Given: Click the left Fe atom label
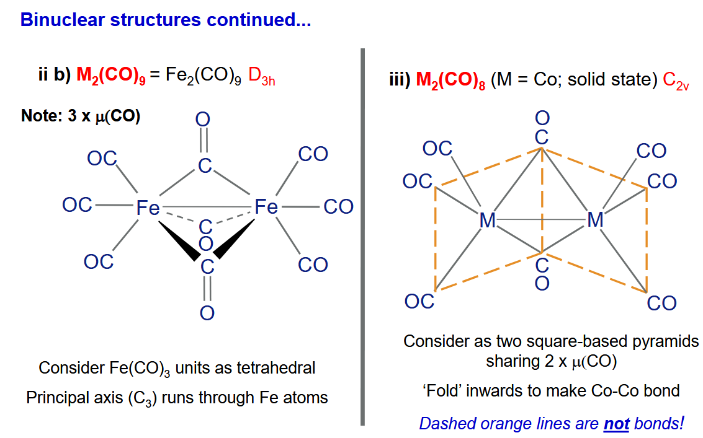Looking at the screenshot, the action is click(x=148, y=208).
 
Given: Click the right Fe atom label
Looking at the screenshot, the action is click(x=266, y=207).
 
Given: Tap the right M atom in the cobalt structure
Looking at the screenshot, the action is click(x=596, y=219).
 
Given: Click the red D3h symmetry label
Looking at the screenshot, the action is click(x=261, y=76).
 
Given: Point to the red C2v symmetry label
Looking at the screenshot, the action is click(x=676, y=81).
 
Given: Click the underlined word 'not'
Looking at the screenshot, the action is click(x=617, y=423).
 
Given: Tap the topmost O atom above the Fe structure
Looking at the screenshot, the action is click(x=203, y=119).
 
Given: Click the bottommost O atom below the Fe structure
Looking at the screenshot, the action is click(x=207, y=313).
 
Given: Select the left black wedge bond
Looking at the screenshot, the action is click(x=179, y=240).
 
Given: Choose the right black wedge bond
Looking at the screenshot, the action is click(x=234, y=239).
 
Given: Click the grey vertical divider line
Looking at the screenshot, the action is click(x=363, y=237).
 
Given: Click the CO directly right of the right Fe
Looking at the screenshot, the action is click(x=339, y=207).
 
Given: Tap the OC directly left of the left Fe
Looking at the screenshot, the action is click(x=77, y=205).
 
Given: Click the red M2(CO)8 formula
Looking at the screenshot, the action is click(x=450, y=80).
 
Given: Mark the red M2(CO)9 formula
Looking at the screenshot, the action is click(x=110, y=75).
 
